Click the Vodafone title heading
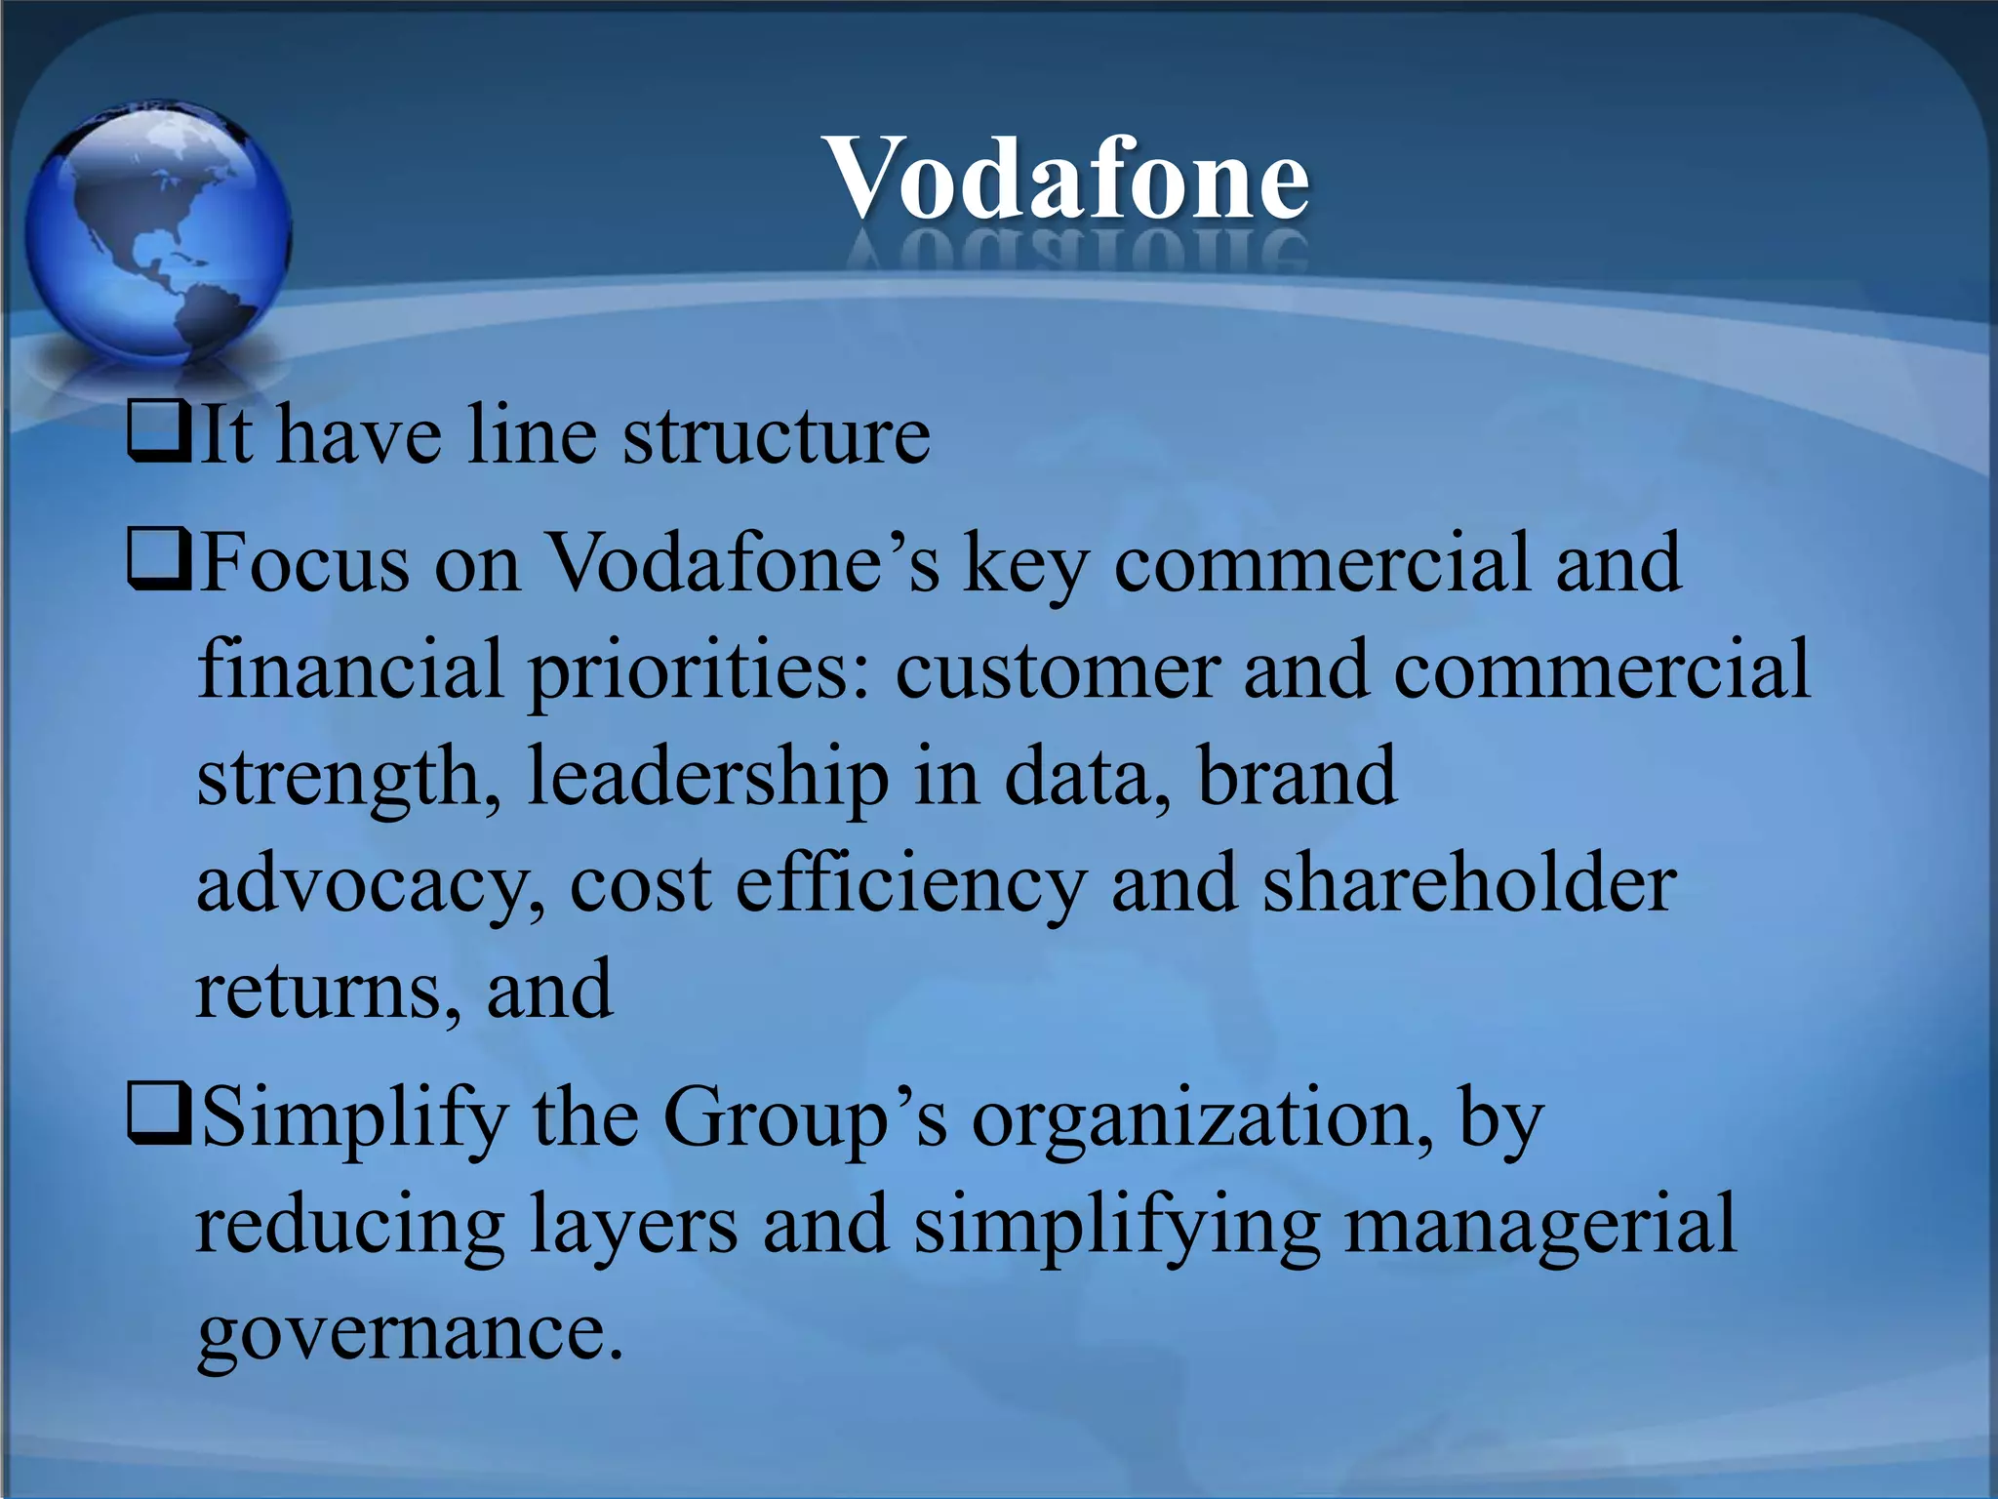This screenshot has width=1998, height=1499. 1066,180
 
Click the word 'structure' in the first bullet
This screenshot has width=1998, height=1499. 777,435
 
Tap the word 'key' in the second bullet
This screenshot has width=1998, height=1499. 1024,566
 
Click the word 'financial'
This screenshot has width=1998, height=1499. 350,670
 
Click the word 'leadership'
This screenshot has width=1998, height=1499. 707,779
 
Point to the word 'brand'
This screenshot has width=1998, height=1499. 1298,777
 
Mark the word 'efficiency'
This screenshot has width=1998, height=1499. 910,885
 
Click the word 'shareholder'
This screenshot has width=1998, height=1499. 1469,883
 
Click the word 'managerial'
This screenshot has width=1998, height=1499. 1540,1225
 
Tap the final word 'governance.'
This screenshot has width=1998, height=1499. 410,1333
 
